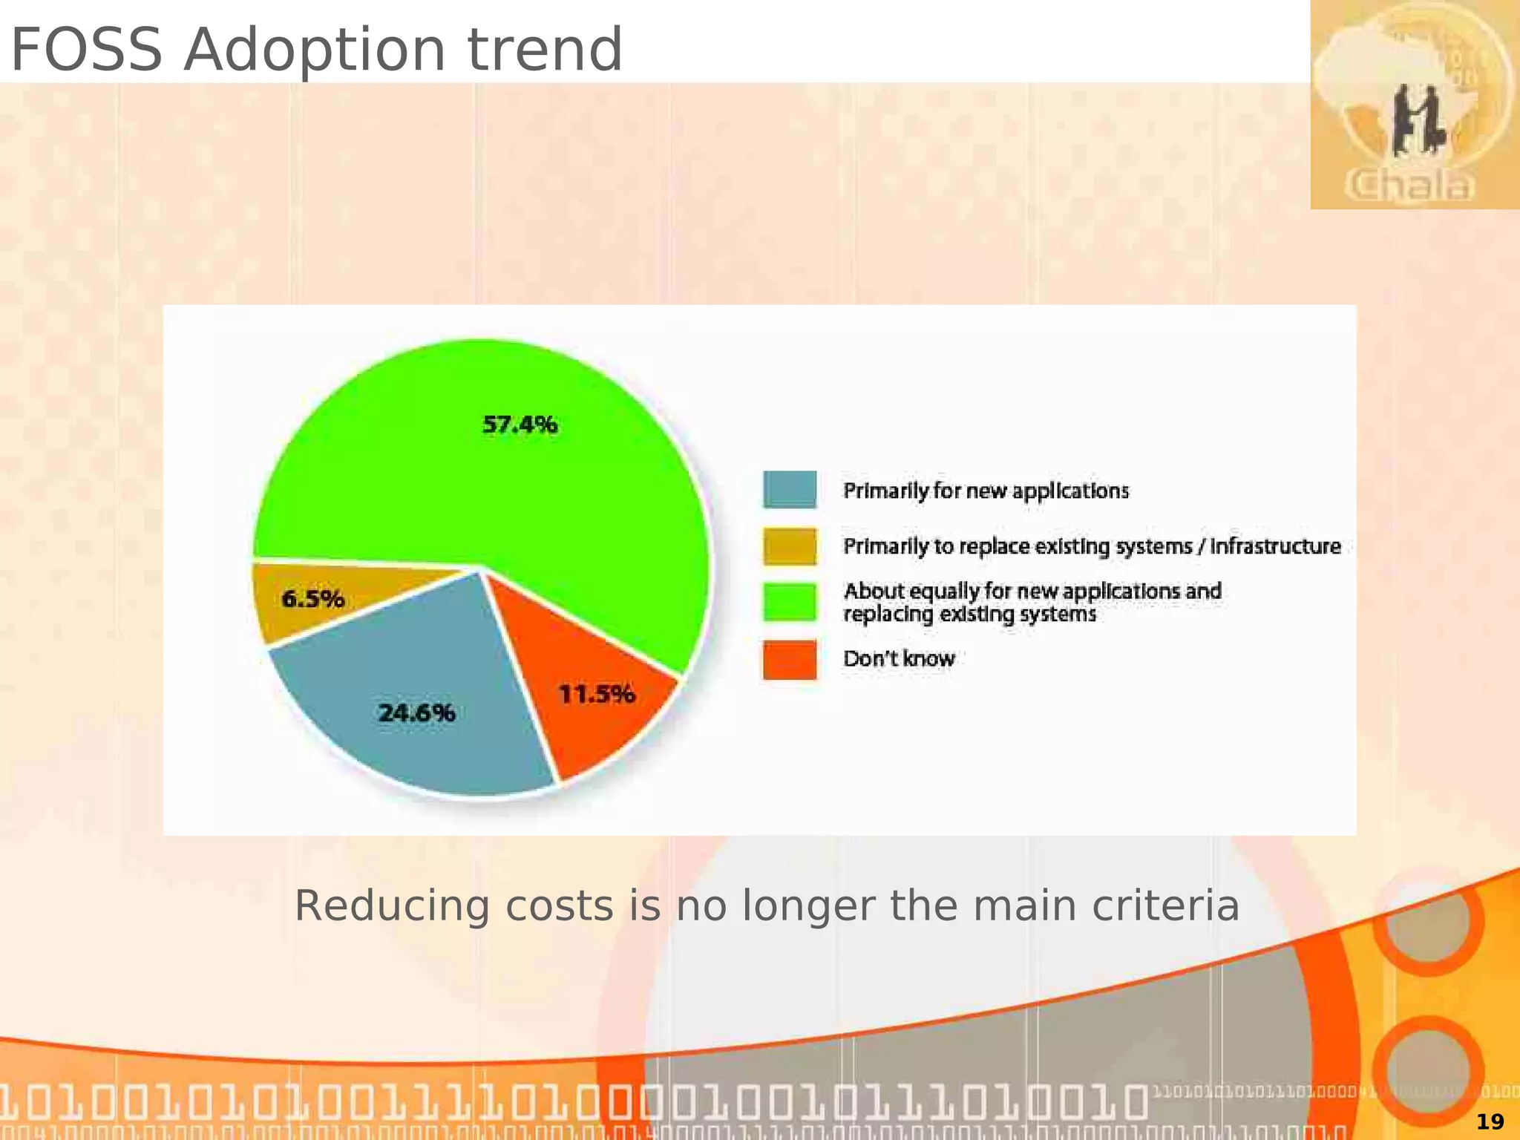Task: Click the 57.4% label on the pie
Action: tap(520, 425)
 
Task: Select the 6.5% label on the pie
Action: tap(312, 598)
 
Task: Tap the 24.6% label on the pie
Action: tap(416, 713)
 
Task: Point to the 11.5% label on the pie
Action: tap(596, 694)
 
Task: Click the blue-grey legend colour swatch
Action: tap(790, 490)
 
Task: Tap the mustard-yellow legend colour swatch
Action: tap(790, 546)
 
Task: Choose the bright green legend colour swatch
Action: tap(790, 602)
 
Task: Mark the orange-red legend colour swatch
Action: tap(790, 659)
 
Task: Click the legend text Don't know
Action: tap(898, 658)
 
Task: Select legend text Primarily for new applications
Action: tap(986, 491)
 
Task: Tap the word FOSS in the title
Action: tap(86, 50)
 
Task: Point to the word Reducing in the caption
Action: tap(392, 906)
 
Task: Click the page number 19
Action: tap(1490, 1121)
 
